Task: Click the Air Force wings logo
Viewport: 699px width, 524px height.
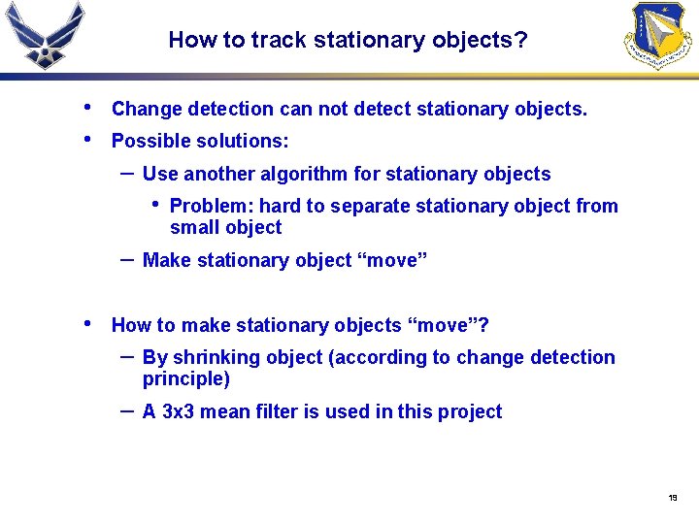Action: (x=45, y=35)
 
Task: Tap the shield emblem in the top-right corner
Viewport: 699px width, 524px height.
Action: (x=660, y=35)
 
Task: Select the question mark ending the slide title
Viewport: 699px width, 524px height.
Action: (x=522, y=41)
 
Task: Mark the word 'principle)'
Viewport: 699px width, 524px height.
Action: (x=186, y=379)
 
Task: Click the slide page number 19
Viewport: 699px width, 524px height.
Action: (x=672, y=498)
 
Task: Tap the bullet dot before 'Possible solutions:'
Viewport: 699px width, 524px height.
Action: (x=88, y=138)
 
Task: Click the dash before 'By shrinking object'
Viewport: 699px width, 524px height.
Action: (x=126, y=355)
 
